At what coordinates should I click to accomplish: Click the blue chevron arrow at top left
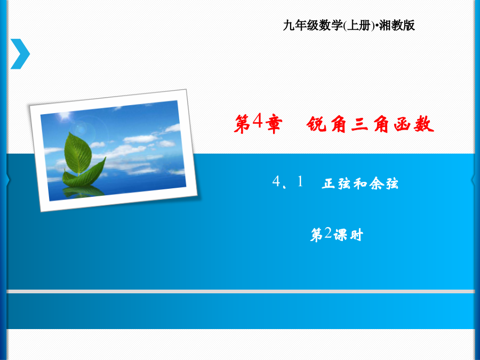(x=20, y=54)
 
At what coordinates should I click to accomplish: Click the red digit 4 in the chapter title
(x=258, y=121)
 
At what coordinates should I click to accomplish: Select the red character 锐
(x=317, y=124)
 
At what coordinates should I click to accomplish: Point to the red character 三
(x=359, y=124)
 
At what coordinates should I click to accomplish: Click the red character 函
(x=403, y=124)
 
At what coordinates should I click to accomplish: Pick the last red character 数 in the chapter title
(x=424, y=124)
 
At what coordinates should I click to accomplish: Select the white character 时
(x=356, y=235)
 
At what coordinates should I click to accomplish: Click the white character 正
(x=329, y=183)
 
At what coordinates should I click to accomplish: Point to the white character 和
(x=361, y=183)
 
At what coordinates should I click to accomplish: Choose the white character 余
(x=376, y=183)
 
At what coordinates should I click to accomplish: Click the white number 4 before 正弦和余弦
(x=276, y=181)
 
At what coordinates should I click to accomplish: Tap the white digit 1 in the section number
(x=300, y=181)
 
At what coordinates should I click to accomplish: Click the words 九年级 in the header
(x=300, y=25)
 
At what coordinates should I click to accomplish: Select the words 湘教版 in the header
(x=397, y=25)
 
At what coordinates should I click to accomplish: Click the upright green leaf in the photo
(x=78, y=153)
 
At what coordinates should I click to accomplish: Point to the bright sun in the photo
(x=65, y=116)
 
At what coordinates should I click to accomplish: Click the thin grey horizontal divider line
(x=241, y=291)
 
